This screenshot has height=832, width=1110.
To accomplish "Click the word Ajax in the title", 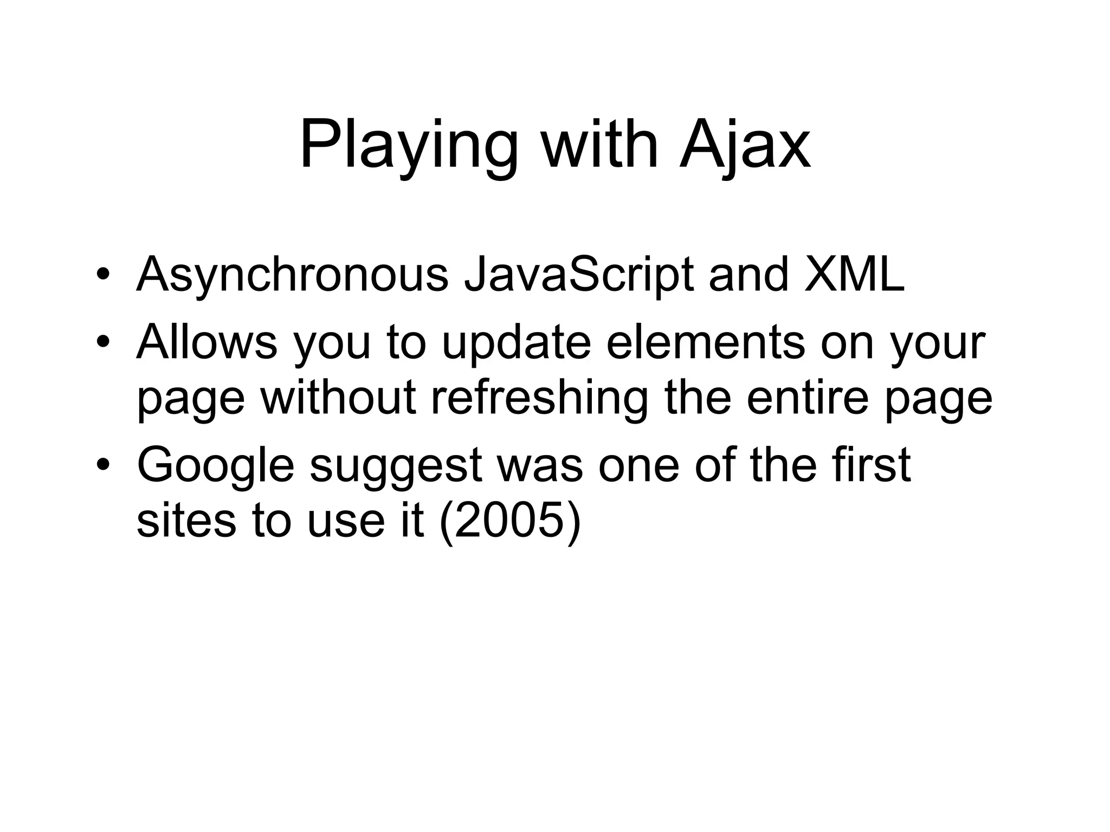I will pos(745,145).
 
